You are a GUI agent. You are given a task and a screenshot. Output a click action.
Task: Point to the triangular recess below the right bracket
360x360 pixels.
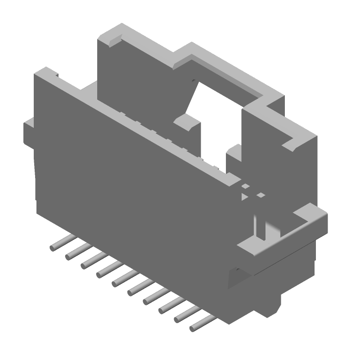point(236,277)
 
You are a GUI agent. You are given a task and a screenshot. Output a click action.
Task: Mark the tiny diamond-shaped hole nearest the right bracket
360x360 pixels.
point(260,195)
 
